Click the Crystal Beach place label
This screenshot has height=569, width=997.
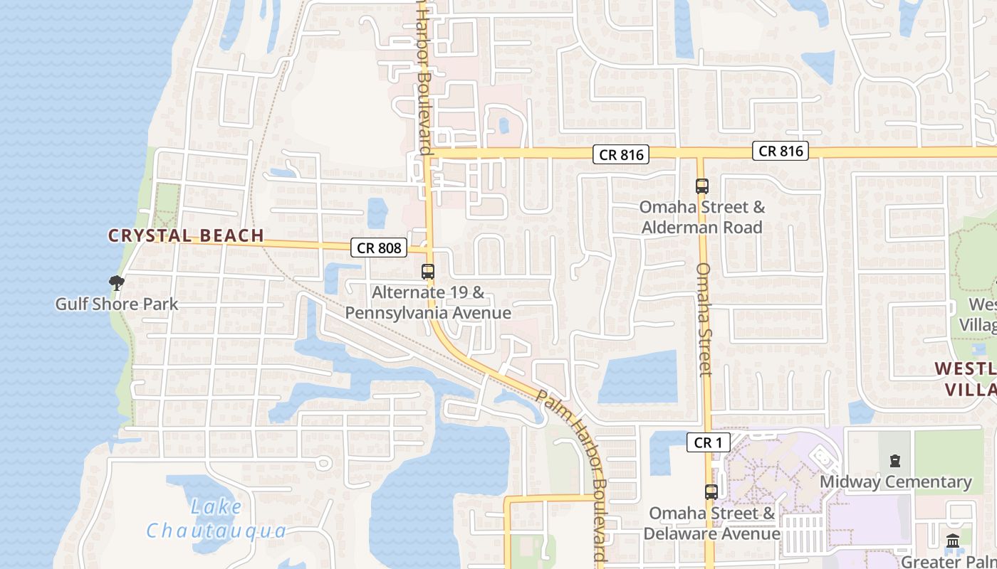[x=186, y=235]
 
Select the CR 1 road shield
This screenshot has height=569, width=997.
[x=708, y=442]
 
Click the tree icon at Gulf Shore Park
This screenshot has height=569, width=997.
[x=116, y=283]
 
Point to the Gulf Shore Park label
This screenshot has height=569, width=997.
[x=117, y=304]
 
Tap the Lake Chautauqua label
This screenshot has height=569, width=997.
[x=216, y=519]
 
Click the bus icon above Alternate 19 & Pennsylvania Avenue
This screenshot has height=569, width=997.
[x=428, y=272]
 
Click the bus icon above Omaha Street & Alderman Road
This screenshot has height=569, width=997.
[x=702, y=186]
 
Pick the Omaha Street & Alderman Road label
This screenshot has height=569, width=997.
[x=702, y=217]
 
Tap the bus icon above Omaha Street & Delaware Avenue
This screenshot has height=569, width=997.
[x=711, y=491]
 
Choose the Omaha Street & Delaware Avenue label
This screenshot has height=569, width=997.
[x=711, y=523]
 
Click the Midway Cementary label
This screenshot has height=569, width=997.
[x=895, y=482]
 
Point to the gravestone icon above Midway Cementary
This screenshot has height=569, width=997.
[x=895, y=461]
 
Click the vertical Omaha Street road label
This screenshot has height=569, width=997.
[x=704, y=319]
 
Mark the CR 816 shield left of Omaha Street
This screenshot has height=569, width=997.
[x=621, y=154]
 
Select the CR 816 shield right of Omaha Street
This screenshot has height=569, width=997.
[x=781, y=151]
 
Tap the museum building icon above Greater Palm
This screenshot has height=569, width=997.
[x=953, y=541]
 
